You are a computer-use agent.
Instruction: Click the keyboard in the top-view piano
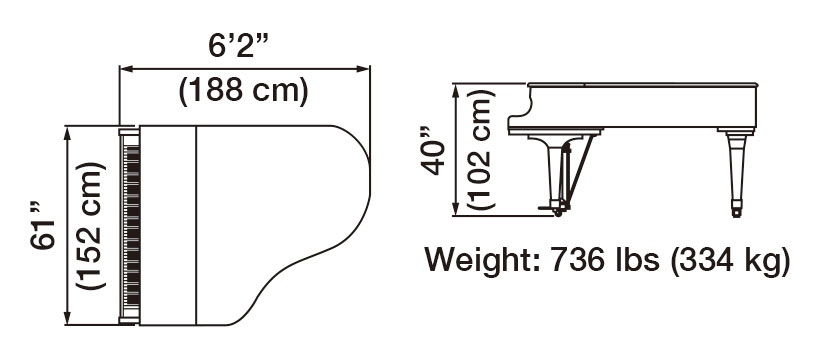127,226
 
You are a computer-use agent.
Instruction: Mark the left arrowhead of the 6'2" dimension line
125,69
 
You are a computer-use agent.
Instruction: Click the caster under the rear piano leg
737,210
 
